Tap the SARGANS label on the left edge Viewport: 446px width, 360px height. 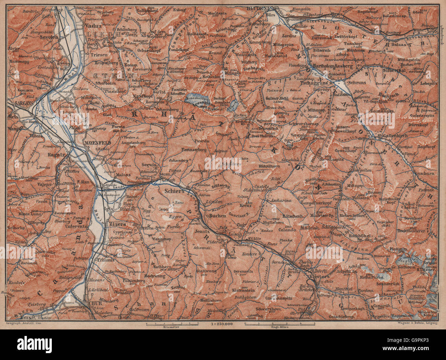pyautogui.click(x=20, y=102)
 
